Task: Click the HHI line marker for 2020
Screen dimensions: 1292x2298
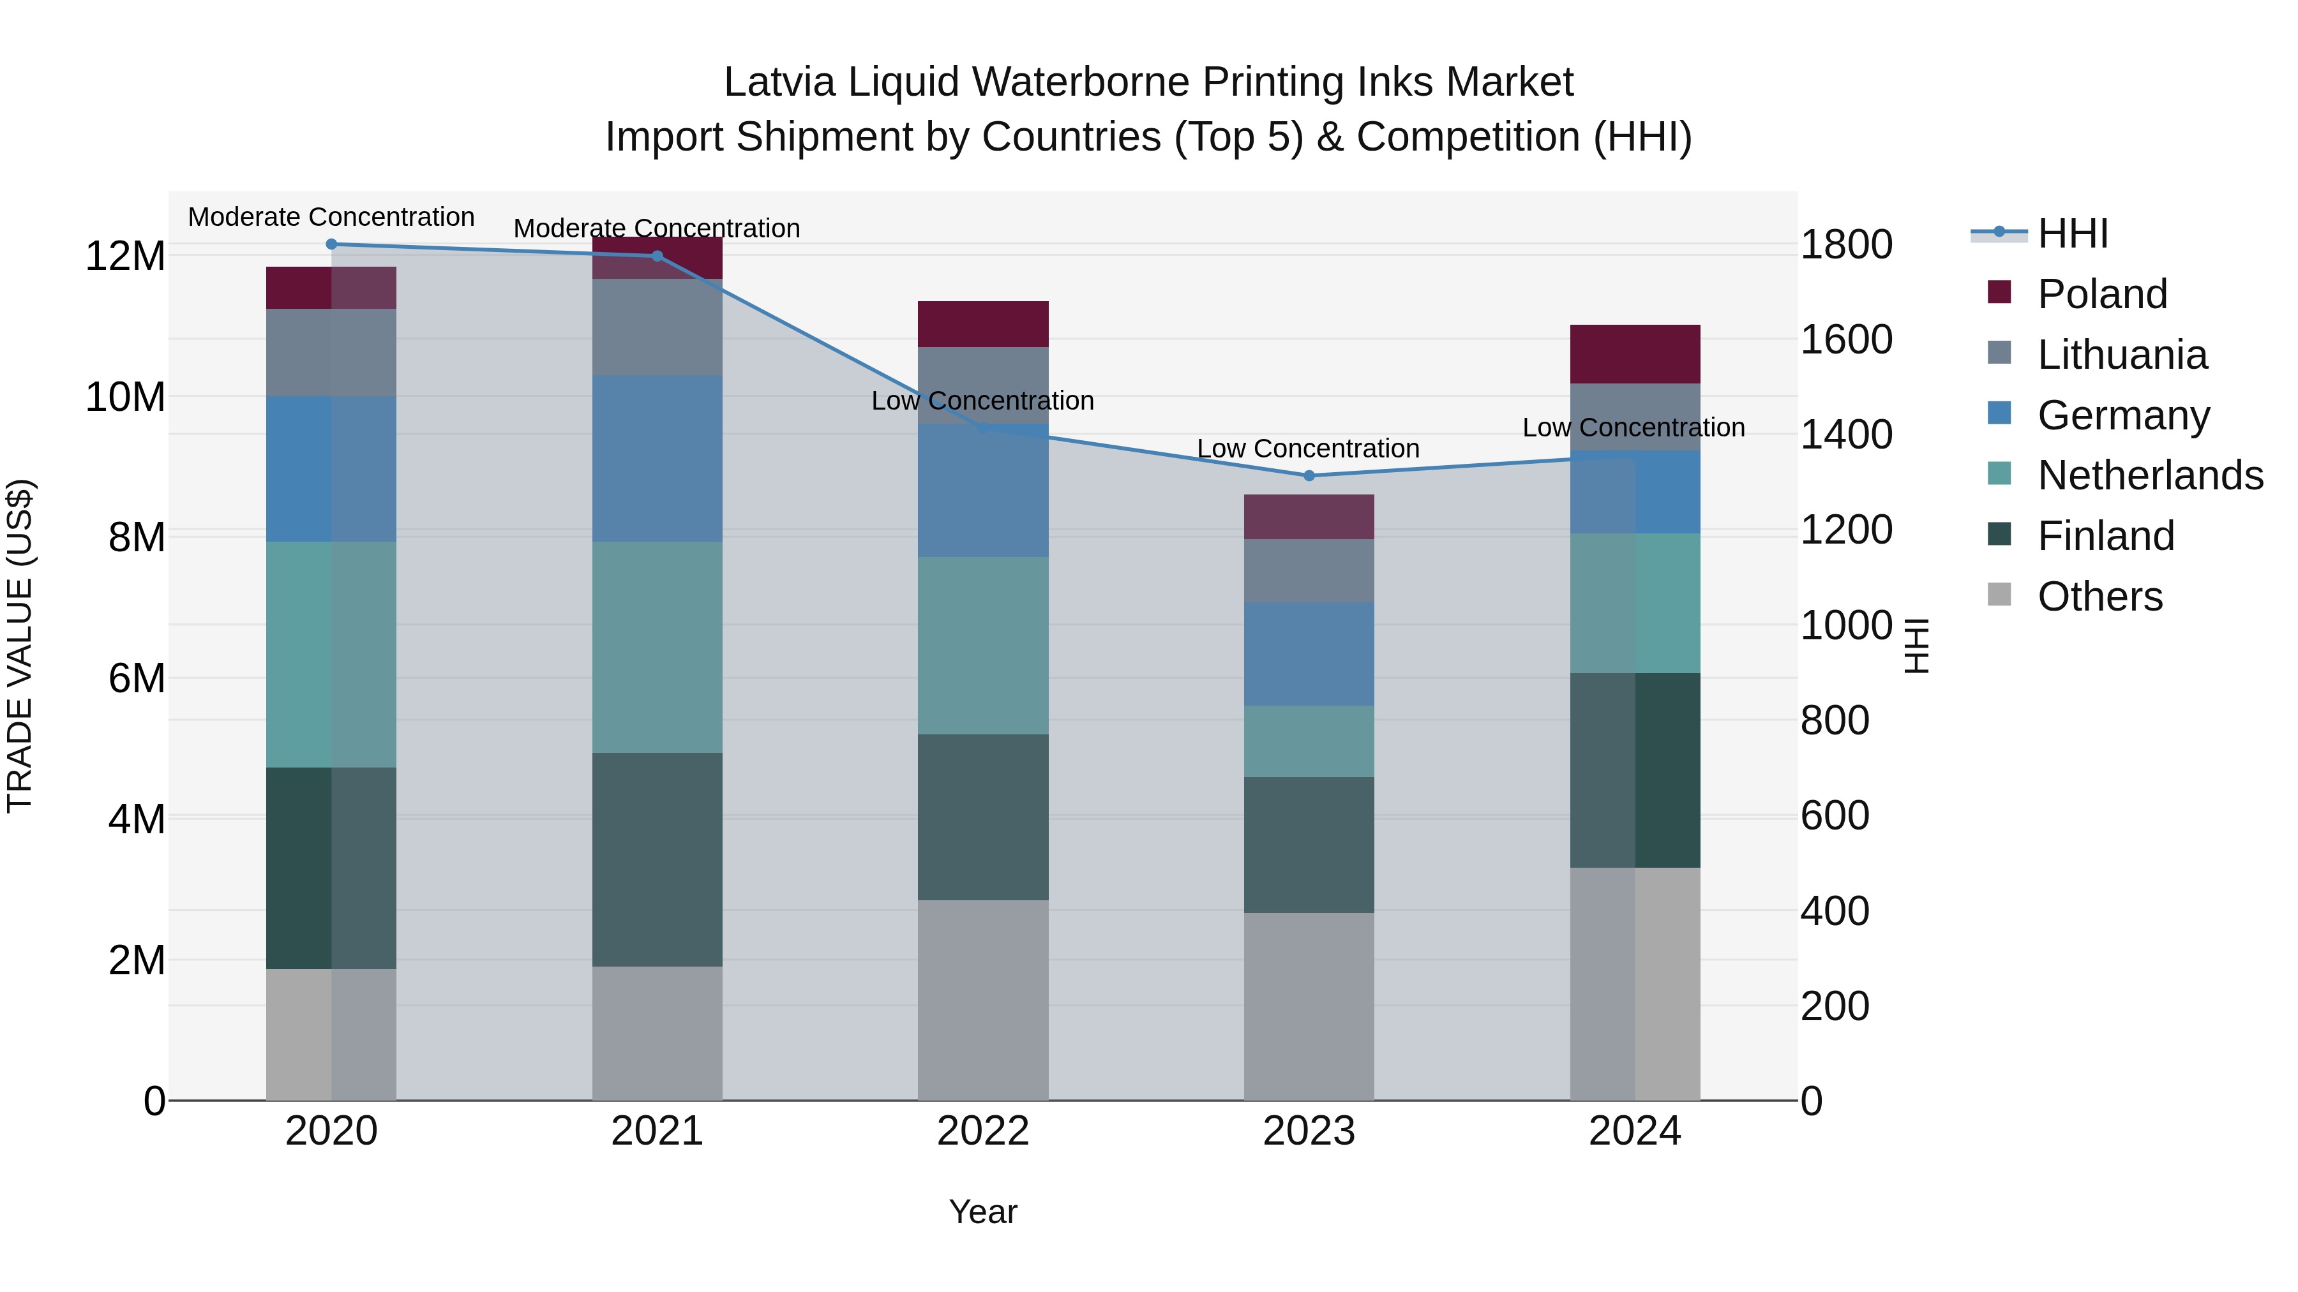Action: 331,244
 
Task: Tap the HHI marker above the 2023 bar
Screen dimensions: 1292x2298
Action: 1309,476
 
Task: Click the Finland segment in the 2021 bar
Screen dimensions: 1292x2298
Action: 657,859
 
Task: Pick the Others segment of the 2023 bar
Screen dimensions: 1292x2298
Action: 1309,1006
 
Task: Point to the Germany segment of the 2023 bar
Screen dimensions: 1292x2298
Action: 1309,653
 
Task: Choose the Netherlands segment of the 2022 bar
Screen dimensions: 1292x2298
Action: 983,646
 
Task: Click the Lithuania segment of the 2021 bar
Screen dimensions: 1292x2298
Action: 657,327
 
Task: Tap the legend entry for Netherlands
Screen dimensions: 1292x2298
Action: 2150,475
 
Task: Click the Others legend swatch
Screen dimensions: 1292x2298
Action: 1999,595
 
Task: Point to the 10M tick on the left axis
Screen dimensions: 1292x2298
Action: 125,397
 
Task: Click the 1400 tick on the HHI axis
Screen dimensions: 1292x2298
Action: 1845,435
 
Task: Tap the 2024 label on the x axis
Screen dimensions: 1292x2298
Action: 1634,1131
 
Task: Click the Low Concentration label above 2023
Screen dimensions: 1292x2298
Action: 1308,449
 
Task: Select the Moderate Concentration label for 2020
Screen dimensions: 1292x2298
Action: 331,217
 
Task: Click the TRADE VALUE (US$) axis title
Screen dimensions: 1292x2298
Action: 20,646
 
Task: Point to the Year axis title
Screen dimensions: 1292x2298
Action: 983,1212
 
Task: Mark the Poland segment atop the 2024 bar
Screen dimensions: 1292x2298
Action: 1634,354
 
